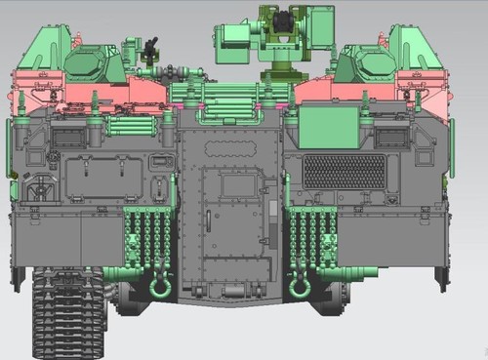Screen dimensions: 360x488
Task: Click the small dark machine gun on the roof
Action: (x=150, y=48)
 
